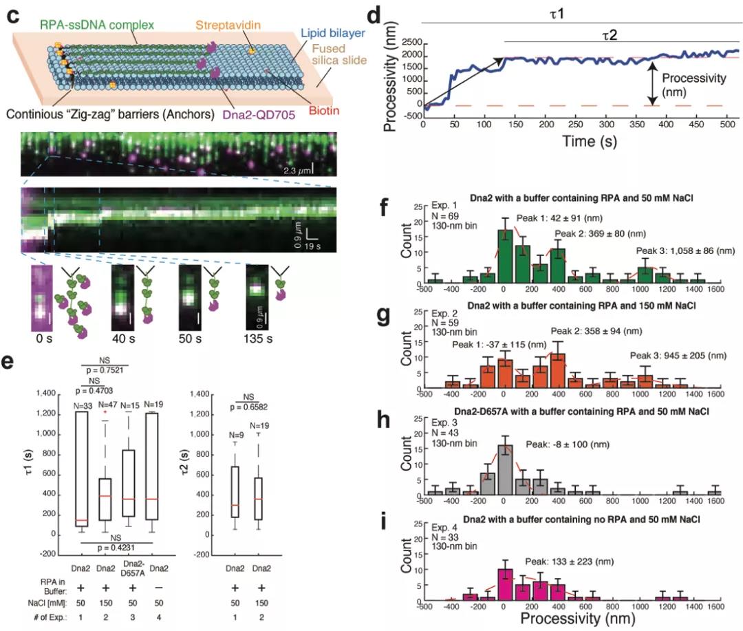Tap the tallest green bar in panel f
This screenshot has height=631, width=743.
(506, 253)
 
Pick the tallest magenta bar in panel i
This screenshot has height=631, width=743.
(506, 585)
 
